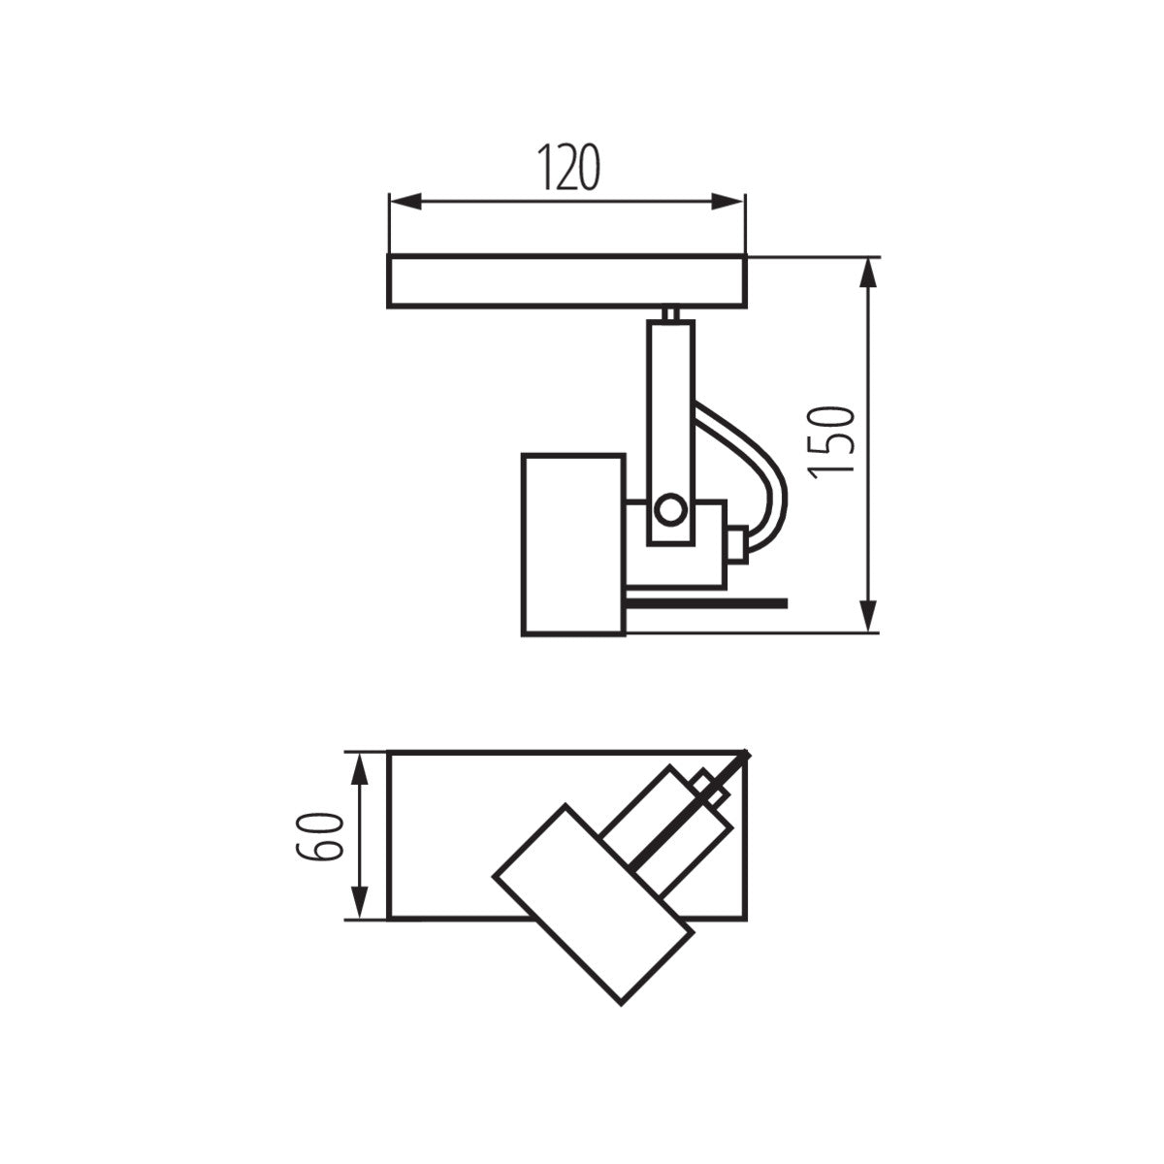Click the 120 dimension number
567,167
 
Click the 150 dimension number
832,440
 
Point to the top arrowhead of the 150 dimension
870,274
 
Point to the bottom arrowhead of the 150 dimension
870,616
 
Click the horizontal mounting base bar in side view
567,282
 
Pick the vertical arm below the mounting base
670,407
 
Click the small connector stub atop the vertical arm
670,314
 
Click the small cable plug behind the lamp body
737,544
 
